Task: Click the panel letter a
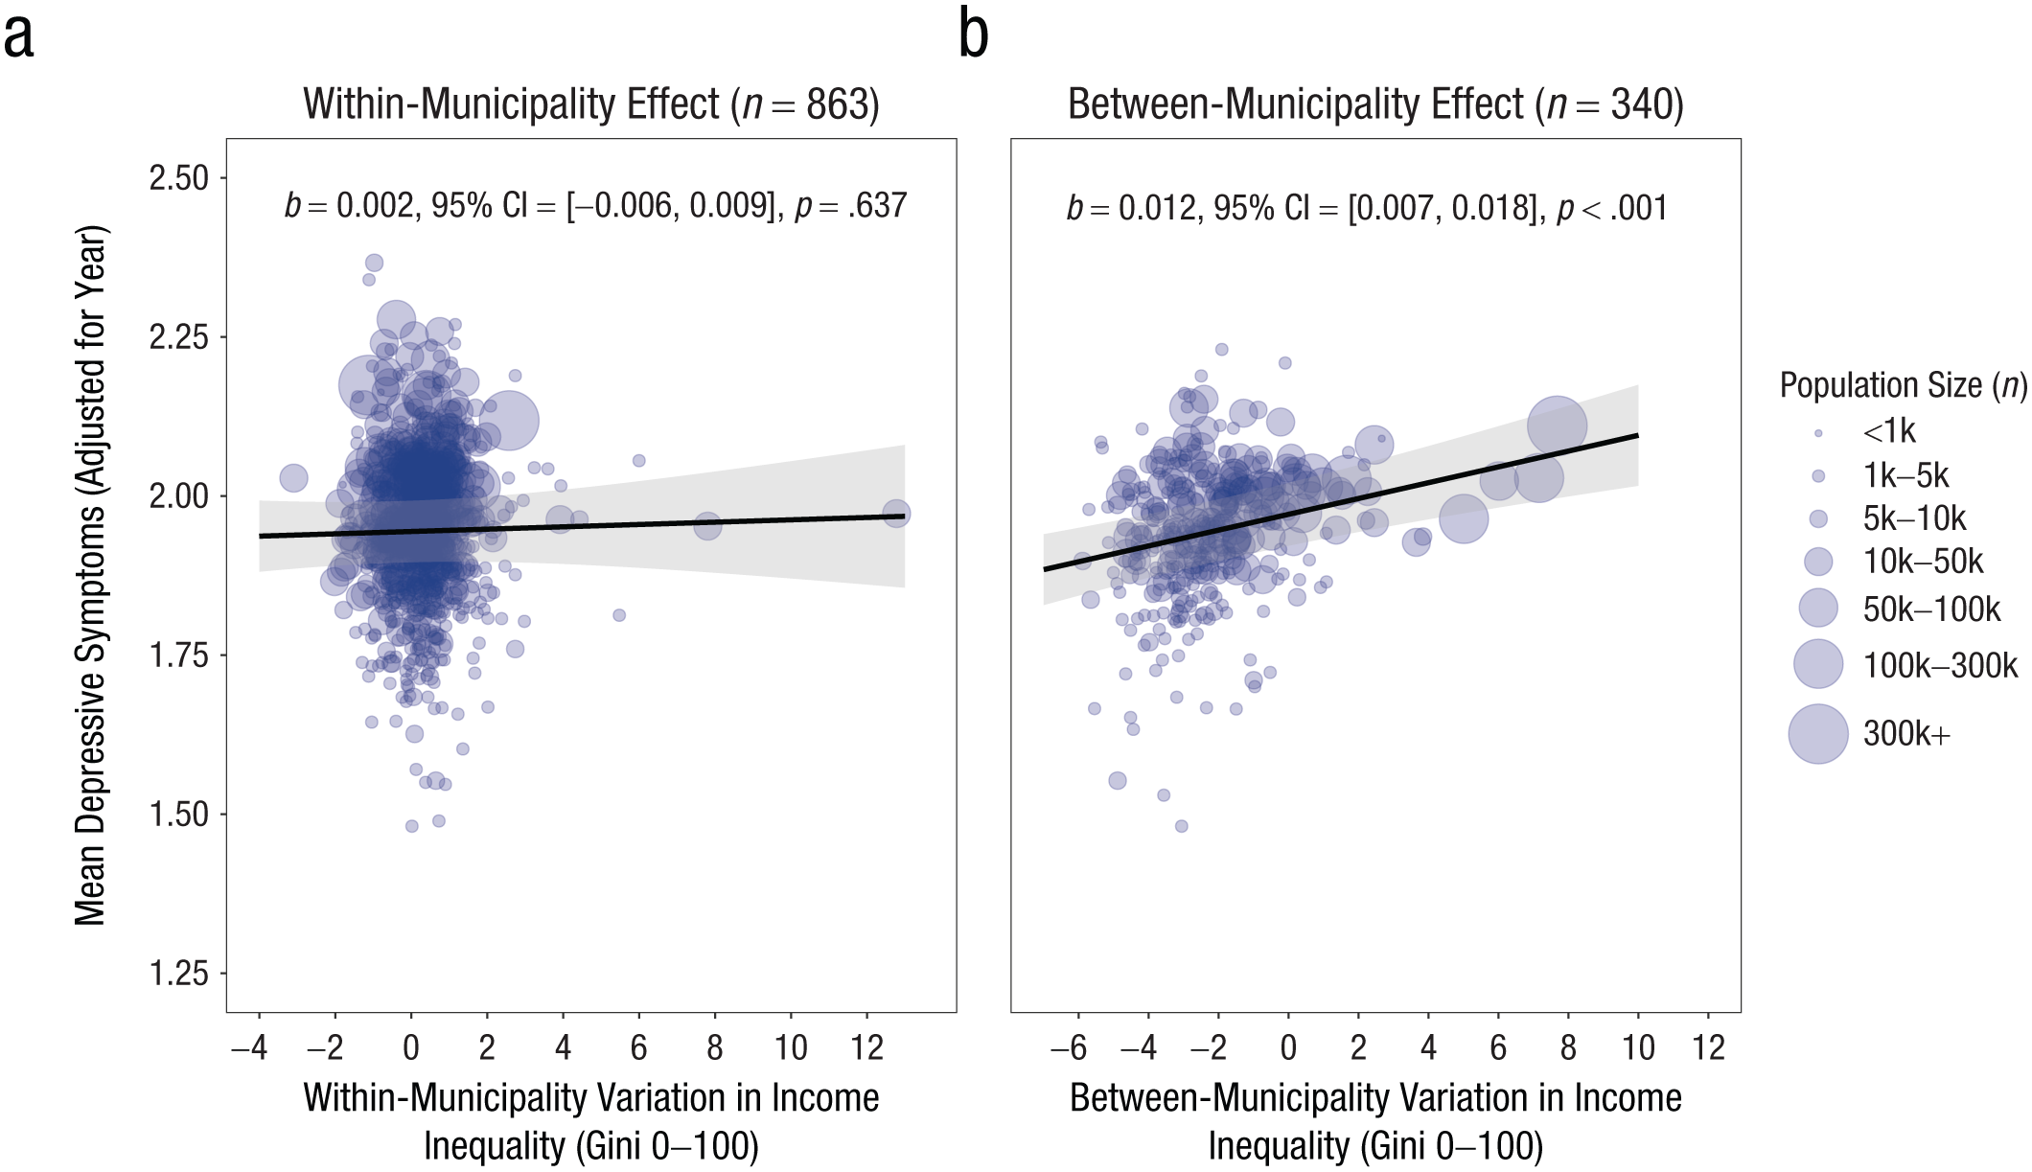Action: (19, 38)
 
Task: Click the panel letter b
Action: (974, 34)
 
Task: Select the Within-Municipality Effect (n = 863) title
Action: (591, 104)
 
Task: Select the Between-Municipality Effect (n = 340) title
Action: (1375, 104)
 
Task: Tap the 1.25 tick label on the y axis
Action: (178, 974)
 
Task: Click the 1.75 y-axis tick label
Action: (178, 655)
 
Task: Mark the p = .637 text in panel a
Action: (851, 206)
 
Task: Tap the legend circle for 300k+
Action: (1818, 734)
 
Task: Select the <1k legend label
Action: (1889, 431)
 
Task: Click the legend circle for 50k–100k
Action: (1818, 609)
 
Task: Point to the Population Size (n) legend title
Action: (1904, 385)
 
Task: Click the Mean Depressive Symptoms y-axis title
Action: (91, 575)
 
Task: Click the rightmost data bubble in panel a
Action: (896, 514)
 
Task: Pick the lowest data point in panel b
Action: (1182, 826)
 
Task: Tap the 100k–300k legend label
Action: (1940, 665)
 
